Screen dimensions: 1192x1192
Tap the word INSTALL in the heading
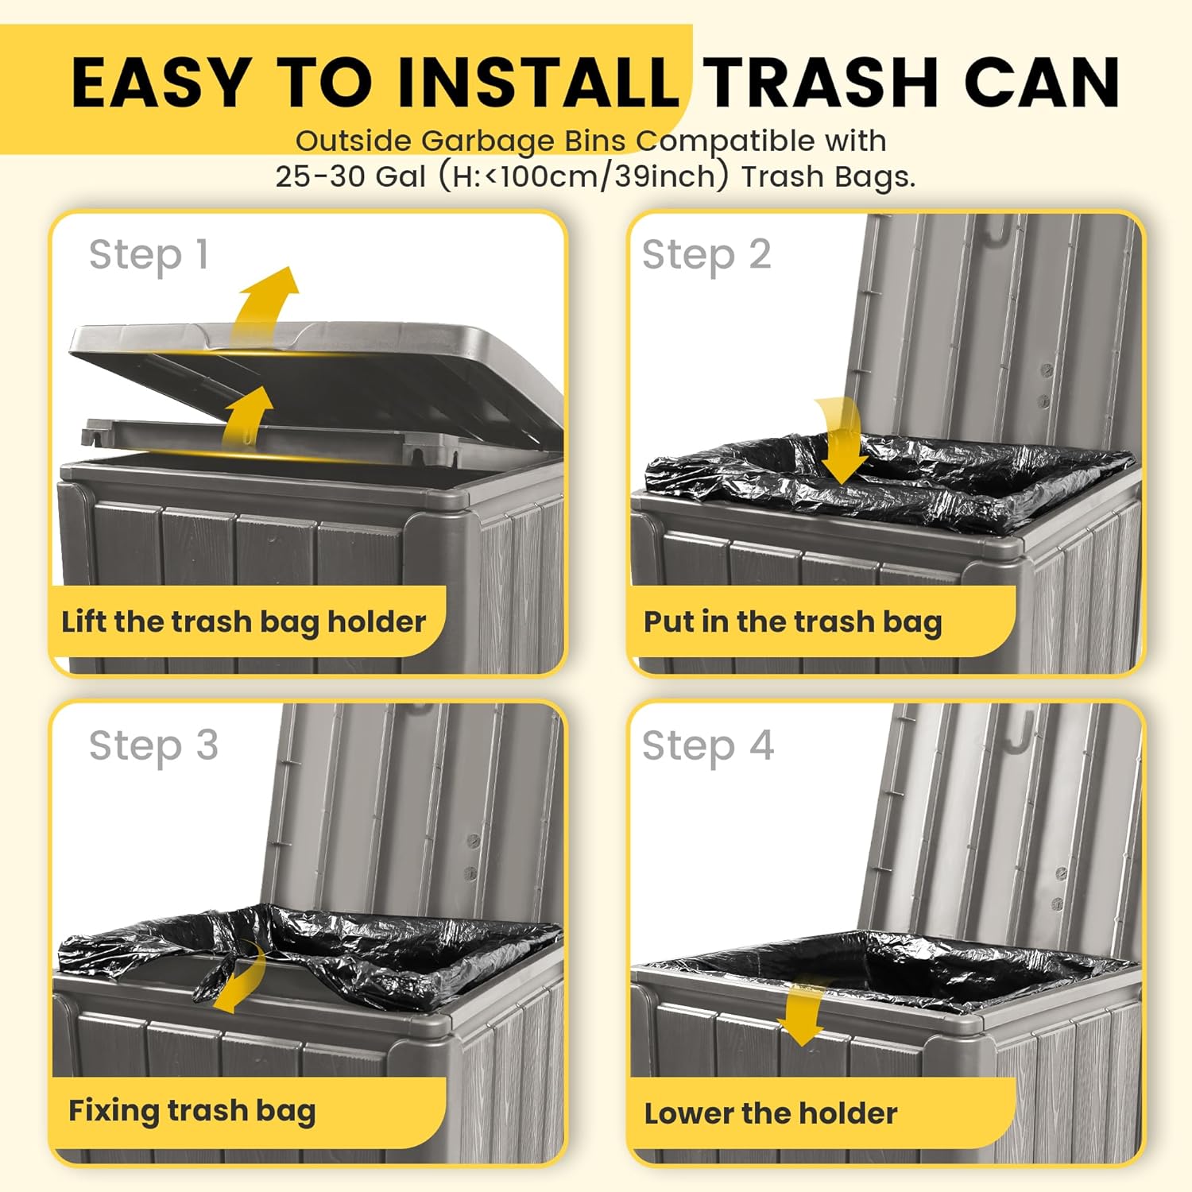coord(538,83)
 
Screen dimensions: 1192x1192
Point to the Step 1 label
coord(149,256)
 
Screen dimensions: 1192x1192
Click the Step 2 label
coord(706,256)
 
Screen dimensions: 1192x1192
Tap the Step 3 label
coord(153,747)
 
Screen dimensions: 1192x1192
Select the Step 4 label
coord(707,747)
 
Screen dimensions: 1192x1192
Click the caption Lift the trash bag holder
coord(244,621)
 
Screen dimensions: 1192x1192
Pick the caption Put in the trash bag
coord(792,621)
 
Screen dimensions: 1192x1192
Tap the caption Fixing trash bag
coord(192,1111)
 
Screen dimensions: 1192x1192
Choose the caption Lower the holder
coord(771,1113)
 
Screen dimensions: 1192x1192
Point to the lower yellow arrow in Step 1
coord(248,417)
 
